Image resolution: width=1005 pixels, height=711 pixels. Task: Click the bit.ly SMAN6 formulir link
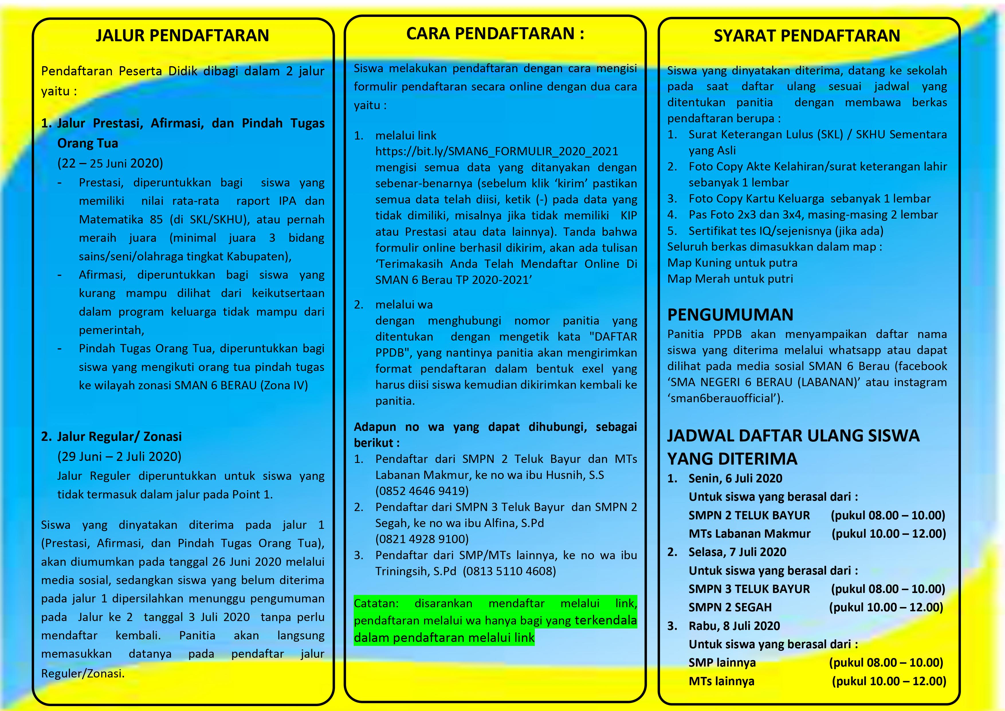click(496, 152)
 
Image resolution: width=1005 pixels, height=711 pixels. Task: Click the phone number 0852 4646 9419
click(422, 491)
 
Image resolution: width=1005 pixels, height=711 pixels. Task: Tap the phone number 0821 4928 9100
click(422, 539)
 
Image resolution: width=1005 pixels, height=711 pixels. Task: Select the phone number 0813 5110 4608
click(510, 571)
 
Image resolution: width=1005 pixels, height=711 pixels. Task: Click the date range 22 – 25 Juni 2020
click(110, 163)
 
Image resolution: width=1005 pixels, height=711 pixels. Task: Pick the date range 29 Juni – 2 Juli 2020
click(119, 457)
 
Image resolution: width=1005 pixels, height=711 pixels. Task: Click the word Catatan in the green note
click(376, 603)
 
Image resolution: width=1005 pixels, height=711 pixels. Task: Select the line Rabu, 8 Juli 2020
click(734, 626)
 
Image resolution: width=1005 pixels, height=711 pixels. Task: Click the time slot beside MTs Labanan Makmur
click(889, 534)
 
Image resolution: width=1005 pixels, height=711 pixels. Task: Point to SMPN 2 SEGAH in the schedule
click(730, 607)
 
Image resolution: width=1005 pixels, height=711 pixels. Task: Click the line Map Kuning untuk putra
click(732, 263)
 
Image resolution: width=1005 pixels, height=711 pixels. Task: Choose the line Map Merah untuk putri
click(730, 279)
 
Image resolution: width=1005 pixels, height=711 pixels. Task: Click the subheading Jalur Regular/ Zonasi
click(119, 437)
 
